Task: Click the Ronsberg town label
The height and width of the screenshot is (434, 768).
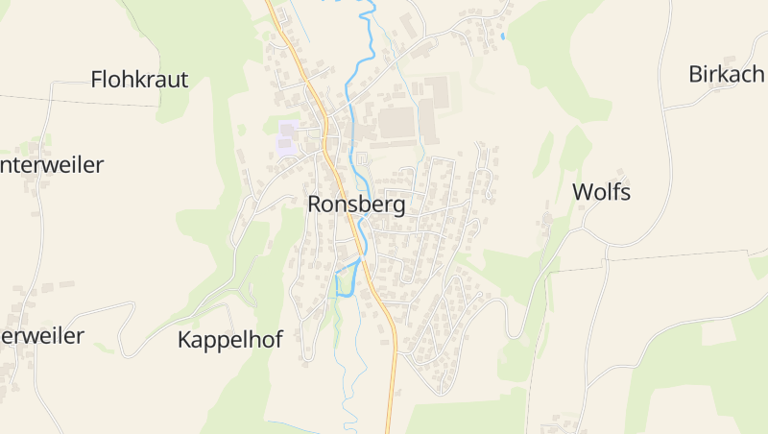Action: click(356, 205)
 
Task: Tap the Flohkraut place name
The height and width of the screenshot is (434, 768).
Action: click(139, 80)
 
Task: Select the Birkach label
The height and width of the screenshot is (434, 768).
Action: click(727, 74)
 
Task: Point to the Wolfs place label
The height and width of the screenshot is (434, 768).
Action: click(601, 192)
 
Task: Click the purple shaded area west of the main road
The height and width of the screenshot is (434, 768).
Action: click(287, 137)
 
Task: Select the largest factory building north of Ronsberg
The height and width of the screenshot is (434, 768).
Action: click(396, 123)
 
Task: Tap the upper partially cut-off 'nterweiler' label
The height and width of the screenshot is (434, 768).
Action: click(52, 165)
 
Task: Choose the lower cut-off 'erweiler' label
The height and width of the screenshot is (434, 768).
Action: click(42, 336)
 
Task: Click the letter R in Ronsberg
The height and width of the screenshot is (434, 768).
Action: click(315, 205)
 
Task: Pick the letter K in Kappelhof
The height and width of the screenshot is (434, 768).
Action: click(185, 339)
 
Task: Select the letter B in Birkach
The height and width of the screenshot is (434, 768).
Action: click(696, 74)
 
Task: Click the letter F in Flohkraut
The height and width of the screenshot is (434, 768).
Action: click(97, 80)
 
